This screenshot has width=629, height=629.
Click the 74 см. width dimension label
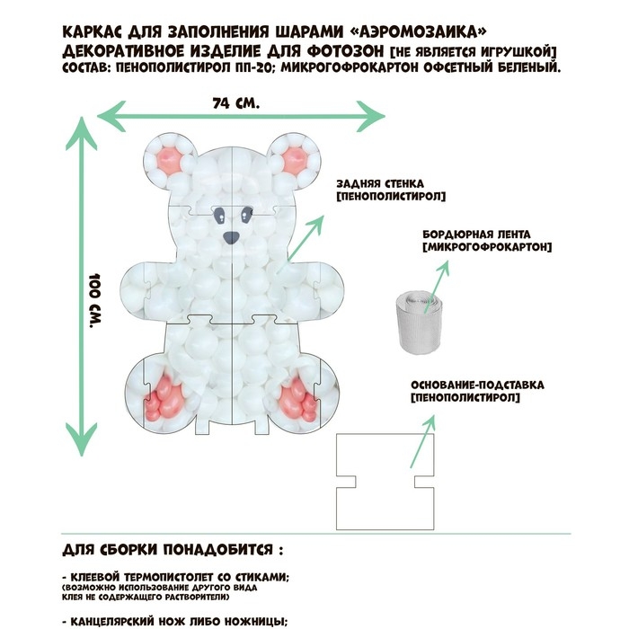tap(236, 102)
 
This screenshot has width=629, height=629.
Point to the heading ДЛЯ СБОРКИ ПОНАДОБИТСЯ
tap(178, 548)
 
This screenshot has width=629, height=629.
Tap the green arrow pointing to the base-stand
tap(423, 440)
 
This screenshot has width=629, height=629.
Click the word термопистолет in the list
tap(155, 577)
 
